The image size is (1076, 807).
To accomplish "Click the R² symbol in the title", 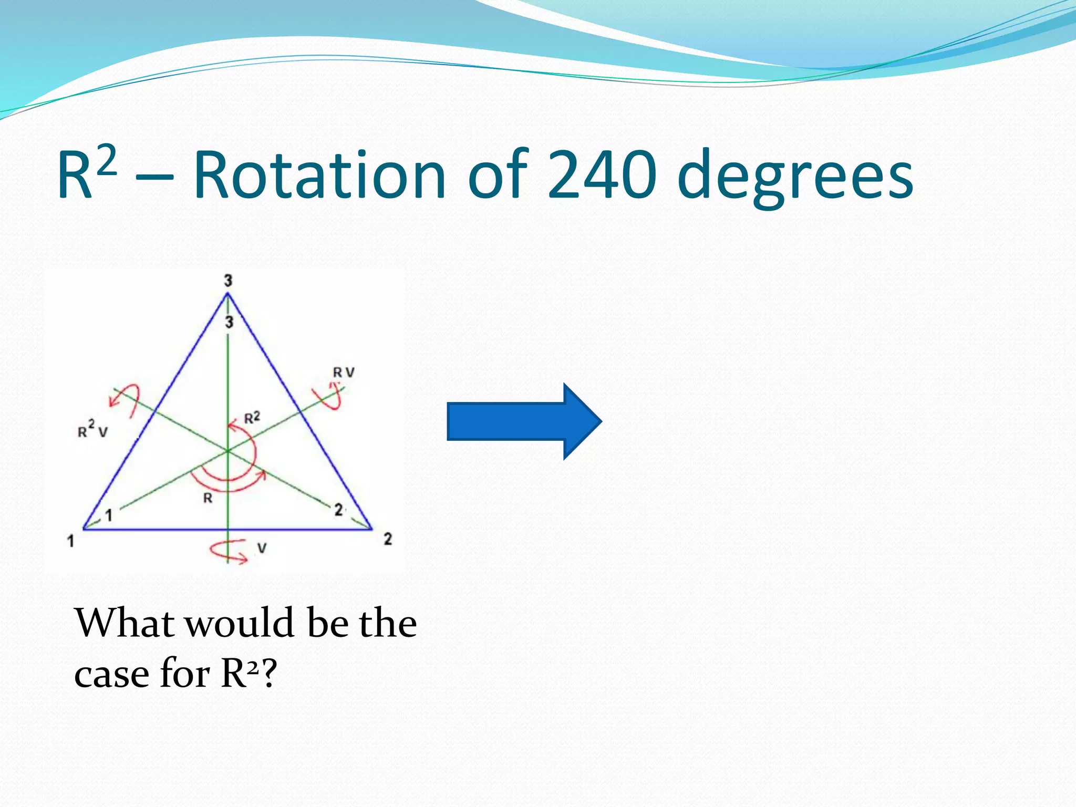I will pos(86,173).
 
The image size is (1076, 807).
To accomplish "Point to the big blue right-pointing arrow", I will pos(524,421).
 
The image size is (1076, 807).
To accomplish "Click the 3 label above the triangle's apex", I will pos(228,281).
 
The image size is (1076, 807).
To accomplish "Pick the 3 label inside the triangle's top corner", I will pos(229,322).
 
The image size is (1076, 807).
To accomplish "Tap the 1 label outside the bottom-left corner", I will pos(71,540).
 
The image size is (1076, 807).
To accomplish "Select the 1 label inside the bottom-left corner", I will pos(109,515).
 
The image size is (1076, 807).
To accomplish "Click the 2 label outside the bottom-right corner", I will pos(388,539).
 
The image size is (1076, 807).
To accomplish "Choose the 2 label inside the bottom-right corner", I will pos(339,510).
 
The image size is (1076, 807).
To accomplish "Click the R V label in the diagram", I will pos(344,373).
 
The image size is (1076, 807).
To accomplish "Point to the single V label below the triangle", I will pos(262,549).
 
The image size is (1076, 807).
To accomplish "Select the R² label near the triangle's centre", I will pos(252,418).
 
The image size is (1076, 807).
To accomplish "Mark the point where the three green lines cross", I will pos(228,451).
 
